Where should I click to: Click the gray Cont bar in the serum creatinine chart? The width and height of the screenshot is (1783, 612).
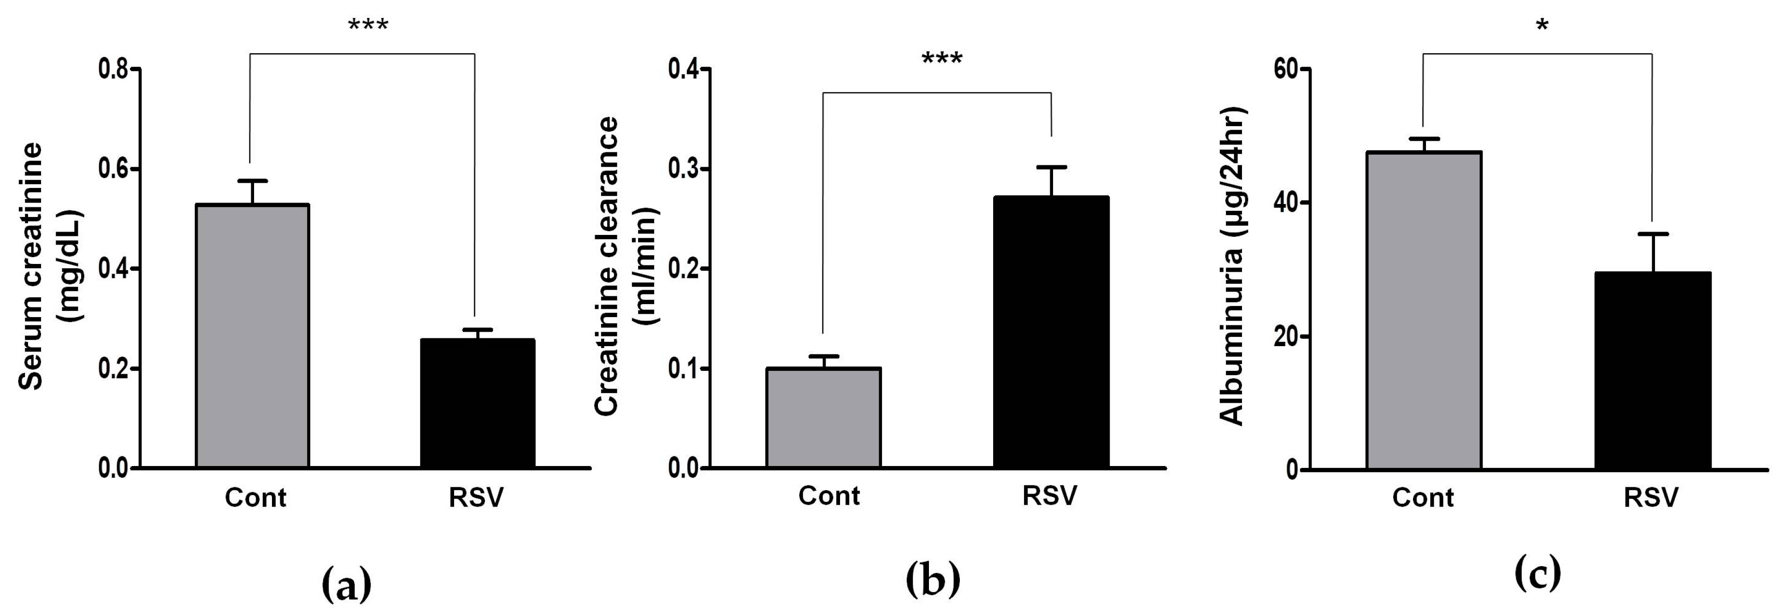click(x=253, y=336)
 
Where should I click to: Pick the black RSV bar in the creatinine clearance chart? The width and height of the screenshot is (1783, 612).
click(x=1051, y=332)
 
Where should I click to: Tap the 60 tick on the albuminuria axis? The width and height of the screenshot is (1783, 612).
click(x=1288, y=69)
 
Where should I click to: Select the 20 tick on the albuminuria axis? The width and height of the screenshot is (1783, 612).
click(x=1288, y=337)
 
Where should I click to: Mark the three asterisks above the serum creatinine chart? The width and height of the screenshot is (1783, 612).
click(x=368, y=26)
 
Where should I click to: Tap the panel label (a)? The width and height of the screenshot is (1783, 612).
click(x=347, y=585)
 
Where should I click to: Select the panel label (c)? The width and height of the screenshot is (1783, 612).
click(x=1538, y=573)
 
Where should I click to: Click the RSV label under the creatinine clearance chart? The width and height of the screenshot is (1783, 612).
click(x=1050, y=495)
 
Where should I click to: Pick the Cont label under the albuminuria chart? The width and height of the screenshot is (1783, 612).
click(x=1423, y=498)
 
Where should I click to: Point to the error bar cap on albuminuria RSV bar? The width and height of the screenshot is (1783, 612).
click(x=1653, y=234)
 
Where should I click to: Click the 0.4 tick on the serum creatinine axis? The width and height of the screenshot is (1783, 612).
click(x=114, y=269)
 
